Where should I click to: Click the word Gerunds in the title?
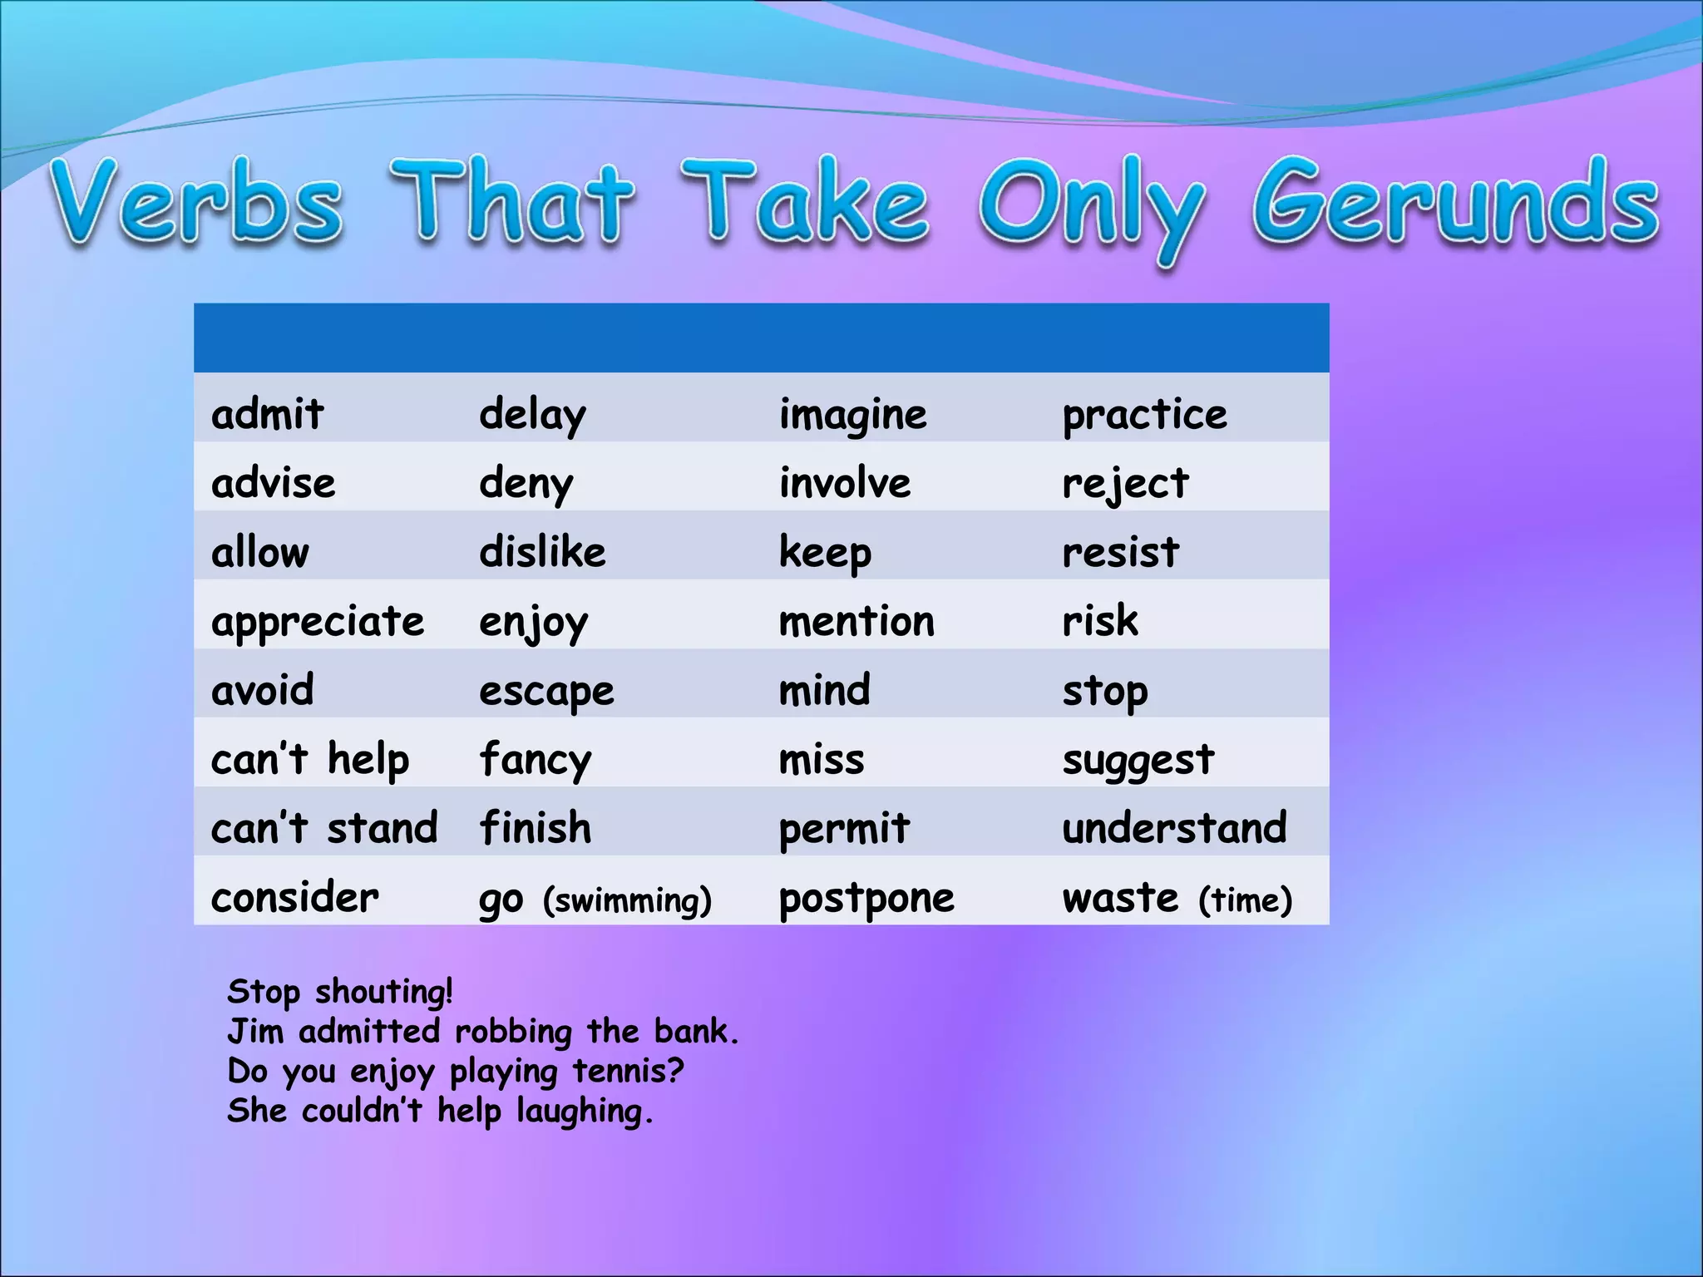pyautogui.click(x=1455, y=204)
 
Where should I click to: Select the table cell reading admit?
pyautogui.click(x=267, y=413)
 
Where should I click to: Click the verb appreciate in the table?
pyautogui.click(x=318, y=622)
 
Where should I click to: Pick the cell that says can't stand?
pyautogui.click(x=324, y=828)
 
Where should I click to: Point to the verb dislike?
pyautogui.click(x=542, y=552)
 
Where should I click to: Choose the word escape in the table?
pyautogui.click(x=546, y=692)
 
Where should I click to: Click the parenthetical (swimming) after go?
pyautogui.click(x=627, y=900)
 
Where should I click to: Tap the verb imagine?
pyautogui.click(x=852, y=414)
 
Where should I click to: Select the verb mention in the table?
pyautogui.click(x=856, y=622)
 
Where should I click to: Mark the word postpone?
pyautogui.click(x=866, y=899)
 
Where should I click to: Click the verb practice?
pyautogui.click(x=1144, y=414)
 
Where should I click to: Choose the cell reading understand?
pyautogui.click(x=1174, y=828)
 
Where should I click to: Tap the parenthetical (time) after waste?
pyautogui.click(x=1245, y=900)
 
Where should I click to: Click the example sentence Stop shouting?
pyautogui.click(x=340, y=992)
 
